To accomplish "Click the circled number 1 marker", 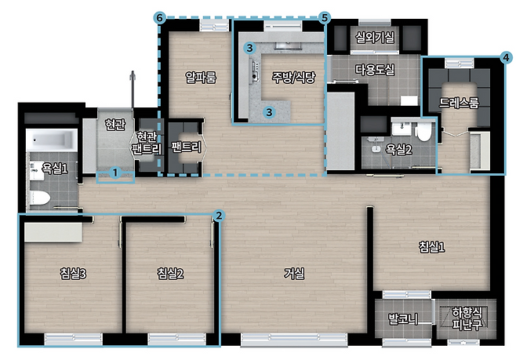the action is point(115,173).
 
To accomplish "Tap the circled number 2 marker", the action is point(219,216).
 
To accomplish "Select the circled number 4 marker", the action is point(506,57).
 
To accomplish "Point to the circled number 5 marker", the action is point(325,17).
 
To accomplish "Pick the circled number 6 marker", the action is point(160,17).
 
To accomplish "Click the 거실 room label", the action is point(294,273).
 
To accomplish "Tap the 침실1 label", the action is point(432,246).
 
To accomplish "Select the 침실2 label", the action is point(170,273).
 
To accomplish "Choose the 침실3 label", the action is point(73,273).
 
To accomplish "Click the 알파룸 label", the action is point(201,78).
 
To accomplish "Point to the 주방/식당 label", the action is point(293,77).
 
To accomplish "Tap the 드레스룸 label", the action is point(459,103).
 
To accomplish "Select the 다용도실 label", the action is point(375,70).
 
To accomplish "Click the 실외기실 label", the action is point(375,37).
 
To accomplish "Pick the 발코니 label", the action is point(403,318).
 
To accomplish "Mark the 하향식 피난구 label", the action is point(467,318).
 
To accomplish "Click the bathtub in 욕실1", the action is point(52,140).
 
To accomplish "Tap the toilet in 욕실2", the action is point(423,132).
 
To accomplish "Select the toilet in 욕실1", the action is point(39,198).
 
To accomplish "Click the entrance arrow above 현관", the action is point(133,89).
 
